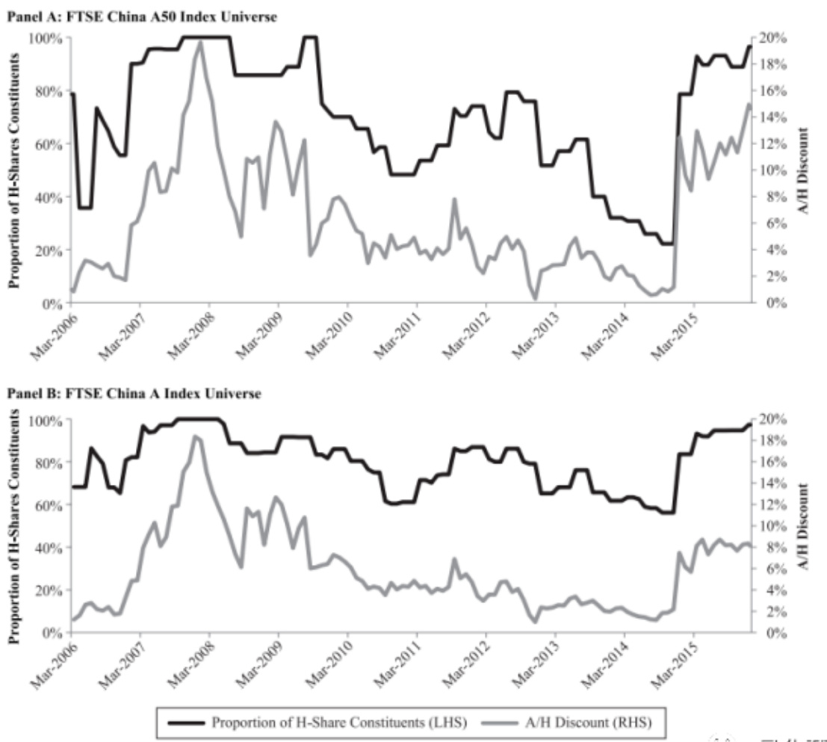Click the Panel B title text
pyautogui.click(x=134, y=394)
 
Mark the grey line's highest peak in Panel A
pyautogui.click(x=199, y=42)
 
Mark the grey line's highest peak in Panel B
pyautogui.click(x=195, y=436)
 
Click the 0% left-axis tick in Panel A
pyautogui.click(x=50, y=303)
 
